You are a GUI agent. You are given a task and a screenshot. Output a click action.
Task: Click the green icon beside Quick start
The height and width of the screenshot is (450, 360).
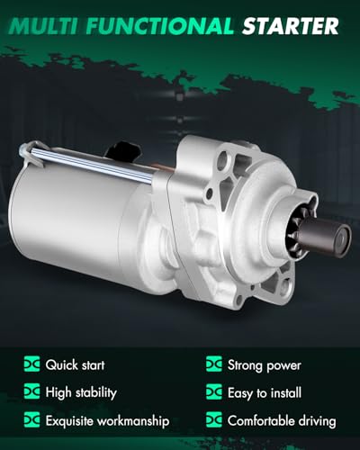(32, 364)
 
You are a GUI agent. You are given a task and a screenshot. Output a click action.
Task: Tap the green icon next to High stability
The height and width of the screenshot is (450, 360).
(32, 392)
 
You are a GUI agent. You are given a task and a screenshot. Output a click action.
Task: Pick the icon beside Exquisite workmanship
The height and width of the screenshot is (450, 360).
(32, 420)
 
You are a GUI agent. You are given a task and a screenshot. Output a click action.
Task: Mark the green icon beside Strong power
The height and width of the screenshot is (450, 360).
(214, 364)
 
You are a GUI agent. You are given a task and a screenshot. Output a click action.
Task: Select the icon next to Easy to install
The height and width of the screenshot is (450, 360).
(214, 392)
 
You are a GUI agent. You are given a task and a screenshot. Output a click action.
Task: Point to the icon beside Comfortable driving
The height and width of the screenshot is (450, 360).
(214, 420)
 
